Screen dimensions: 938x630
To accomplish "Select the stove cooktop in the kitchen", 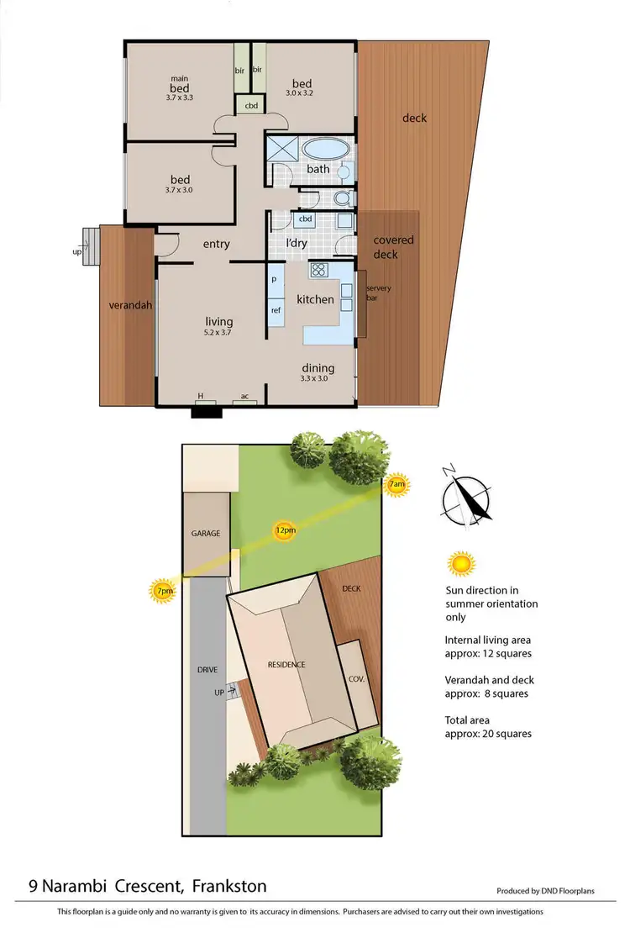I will click(318, 270).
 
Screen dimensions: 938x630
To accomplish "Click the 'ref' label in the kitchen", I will click(275, 310).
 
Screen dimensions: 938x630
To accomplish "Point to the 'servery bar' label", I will click(378, 293).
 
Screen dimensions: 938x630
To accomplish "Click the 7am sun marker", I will click(397, 486).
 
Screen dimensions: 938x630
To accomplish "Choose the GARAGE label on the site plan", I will click(205, 533).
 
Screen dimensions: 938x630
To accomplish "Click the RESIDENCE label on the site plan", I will click(286, 665).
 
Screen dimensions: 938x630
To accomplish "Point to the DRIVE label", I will click(207, 670).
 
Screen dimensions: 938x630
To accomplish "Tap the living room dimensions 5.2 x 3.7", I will click(219, 332).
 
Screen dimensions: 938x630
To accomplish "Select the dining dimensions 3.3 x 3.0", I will click(318, 378).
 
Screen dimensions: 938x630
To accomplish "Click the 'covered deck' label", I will click(393, 247).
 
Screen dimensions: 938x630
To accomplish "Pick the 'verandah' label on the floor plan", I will click(130, 305).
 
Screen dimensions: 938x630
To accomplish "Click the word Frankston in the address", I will click(229, 886).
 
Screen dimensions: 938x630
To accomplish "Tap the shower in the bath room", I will click(282, 150).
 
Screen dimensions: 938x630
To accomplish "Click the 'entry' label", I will click(216, 244).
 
